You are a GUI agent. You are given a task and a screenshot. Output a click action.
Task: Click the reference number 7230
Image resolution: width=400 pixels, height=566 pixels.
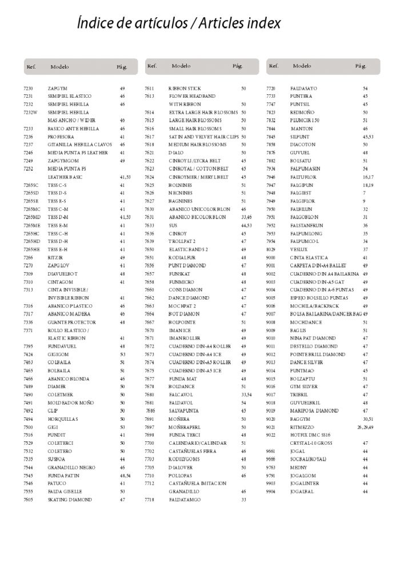(x=29, y=89)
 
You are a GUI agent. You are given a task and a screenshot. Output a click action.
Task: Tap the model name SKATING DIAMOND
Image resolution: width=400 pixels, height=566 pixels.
(x=70, y=500)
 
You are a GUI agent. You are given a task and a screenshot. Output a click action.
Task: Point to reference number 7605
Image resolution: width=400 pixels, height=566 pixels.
(x=29, y=500)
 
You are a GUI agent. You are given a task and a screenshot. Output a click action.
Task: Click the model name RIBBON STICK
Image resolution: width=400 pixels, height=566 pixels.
(x=185, y=89)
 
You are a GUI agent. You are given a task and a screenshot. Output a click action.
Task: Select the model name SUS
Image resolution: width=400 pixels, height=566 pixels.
(x=173, y=226)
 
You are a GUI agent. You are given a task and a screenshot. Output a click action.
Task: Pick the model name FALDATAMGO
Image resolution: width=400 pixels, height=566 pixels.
(x=183, y=500)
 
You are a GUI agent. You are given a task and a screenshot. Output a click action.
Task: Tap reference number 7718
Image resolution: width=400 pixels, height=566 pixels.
(x=150, y=500)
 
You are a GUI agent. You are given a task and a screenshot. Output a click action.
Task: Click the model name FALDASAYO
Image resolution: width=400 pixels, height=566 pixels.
(x=303, y=89)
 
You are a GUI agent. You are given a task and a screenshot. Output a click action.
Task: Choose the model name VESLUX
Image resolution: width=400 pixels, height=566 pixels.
(x=299, y=250)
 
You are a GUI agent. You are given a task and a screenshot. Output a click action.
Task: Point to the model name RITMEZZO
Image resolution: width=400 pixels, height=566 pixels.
(x=302, y=427)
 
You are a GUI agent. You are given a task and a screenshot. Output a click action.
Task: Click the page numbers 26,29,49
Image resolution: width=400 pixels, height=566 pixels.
(x=365, y=427)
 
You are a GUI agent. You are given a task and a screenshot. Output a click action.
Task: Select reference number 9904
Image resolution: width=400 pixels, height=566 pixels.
(x=271, y=492)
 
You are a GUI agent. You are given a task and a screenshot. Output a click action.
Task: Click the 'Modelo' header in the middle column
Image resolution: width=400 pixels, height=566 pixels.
(x=182, y=66)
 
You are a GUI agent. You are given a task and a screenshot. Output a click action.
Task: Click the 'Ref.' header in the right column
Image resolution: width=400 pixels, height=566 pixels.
(x=273, y=66)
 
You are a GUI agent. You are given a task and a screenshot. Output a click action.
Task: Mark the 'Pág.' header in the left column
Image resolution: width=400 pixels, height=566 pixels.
(x=122, y=67)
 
